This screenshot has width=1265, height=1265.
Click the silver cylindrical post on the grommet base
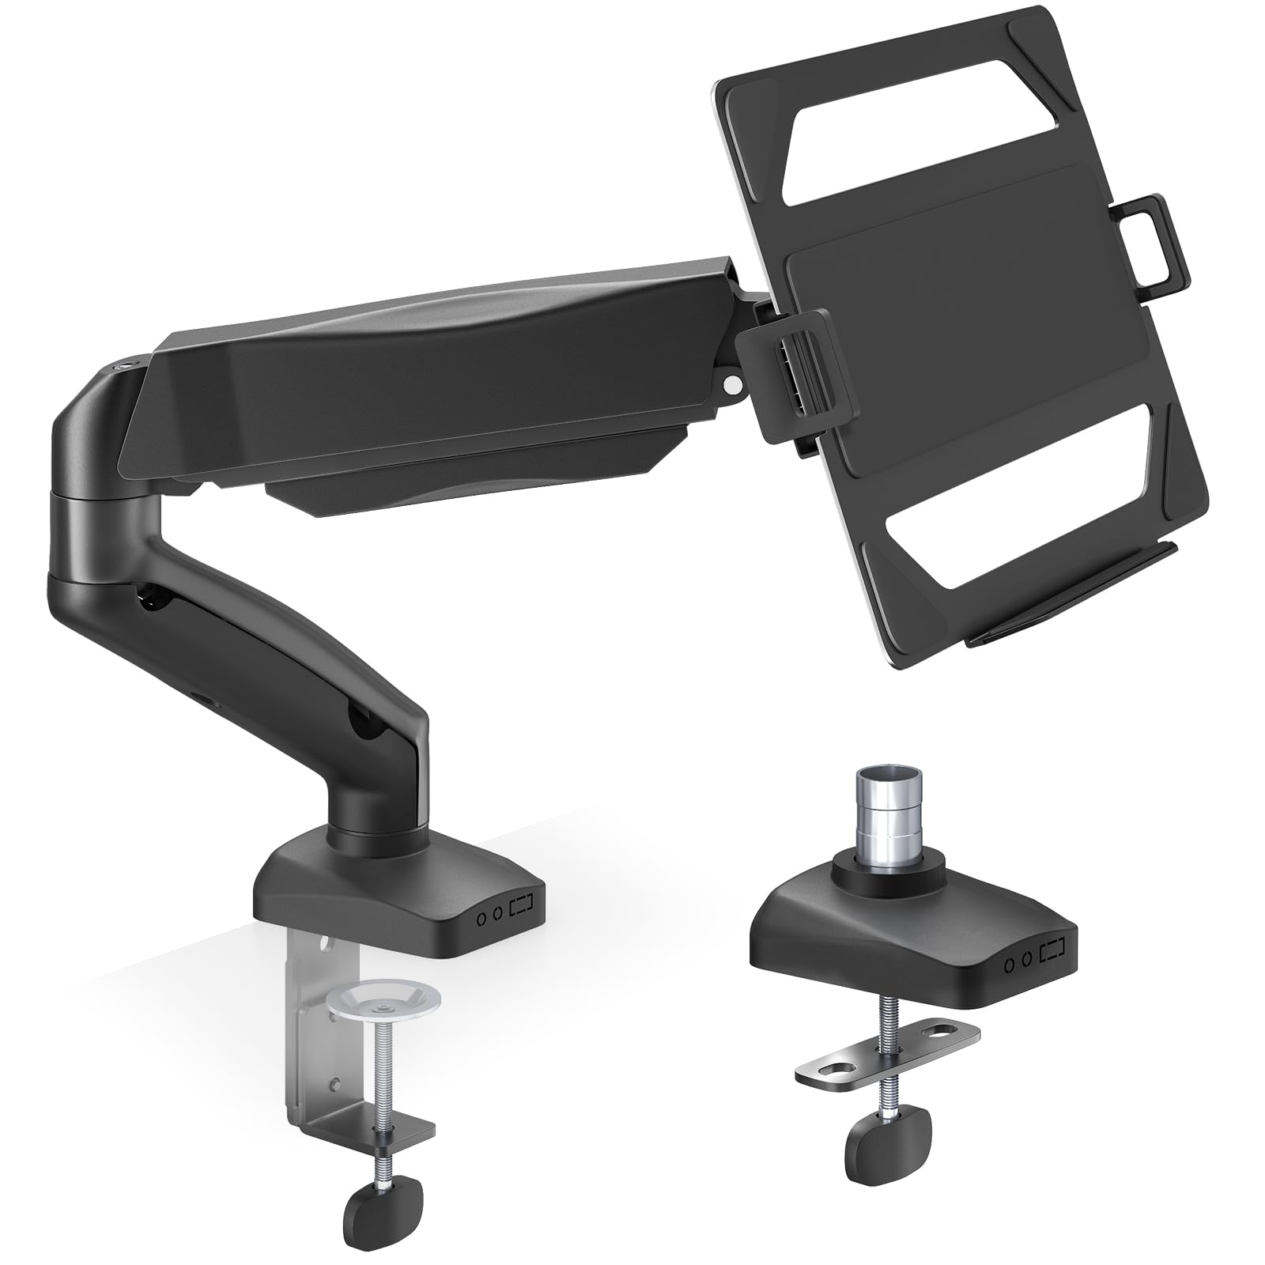pos(885,814)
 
